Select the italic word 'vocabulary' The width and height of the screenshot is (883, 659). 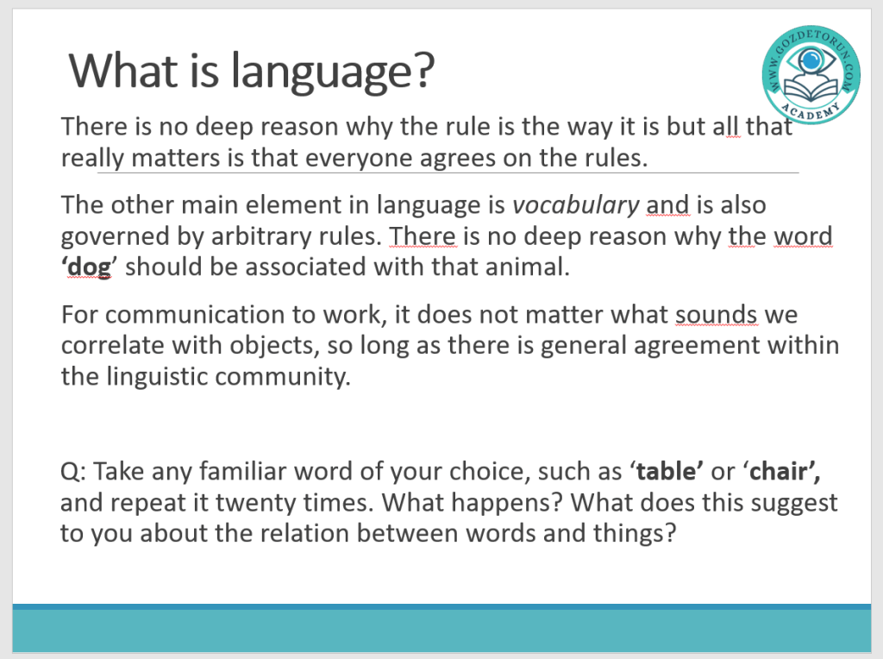(x=575, y=205)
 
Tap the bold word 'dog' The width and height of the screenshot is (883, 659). (x=90, y=267)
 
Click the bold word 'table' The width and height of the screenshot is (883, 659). (x=667, y=472)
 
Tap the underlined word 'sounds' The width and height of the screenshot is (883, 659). (x=717, y=315)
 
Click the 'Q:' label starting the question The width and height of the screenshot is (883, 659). (x=73, y=472)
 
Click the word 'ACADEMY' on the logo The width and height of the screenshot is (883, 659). (x=811, y=110)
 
